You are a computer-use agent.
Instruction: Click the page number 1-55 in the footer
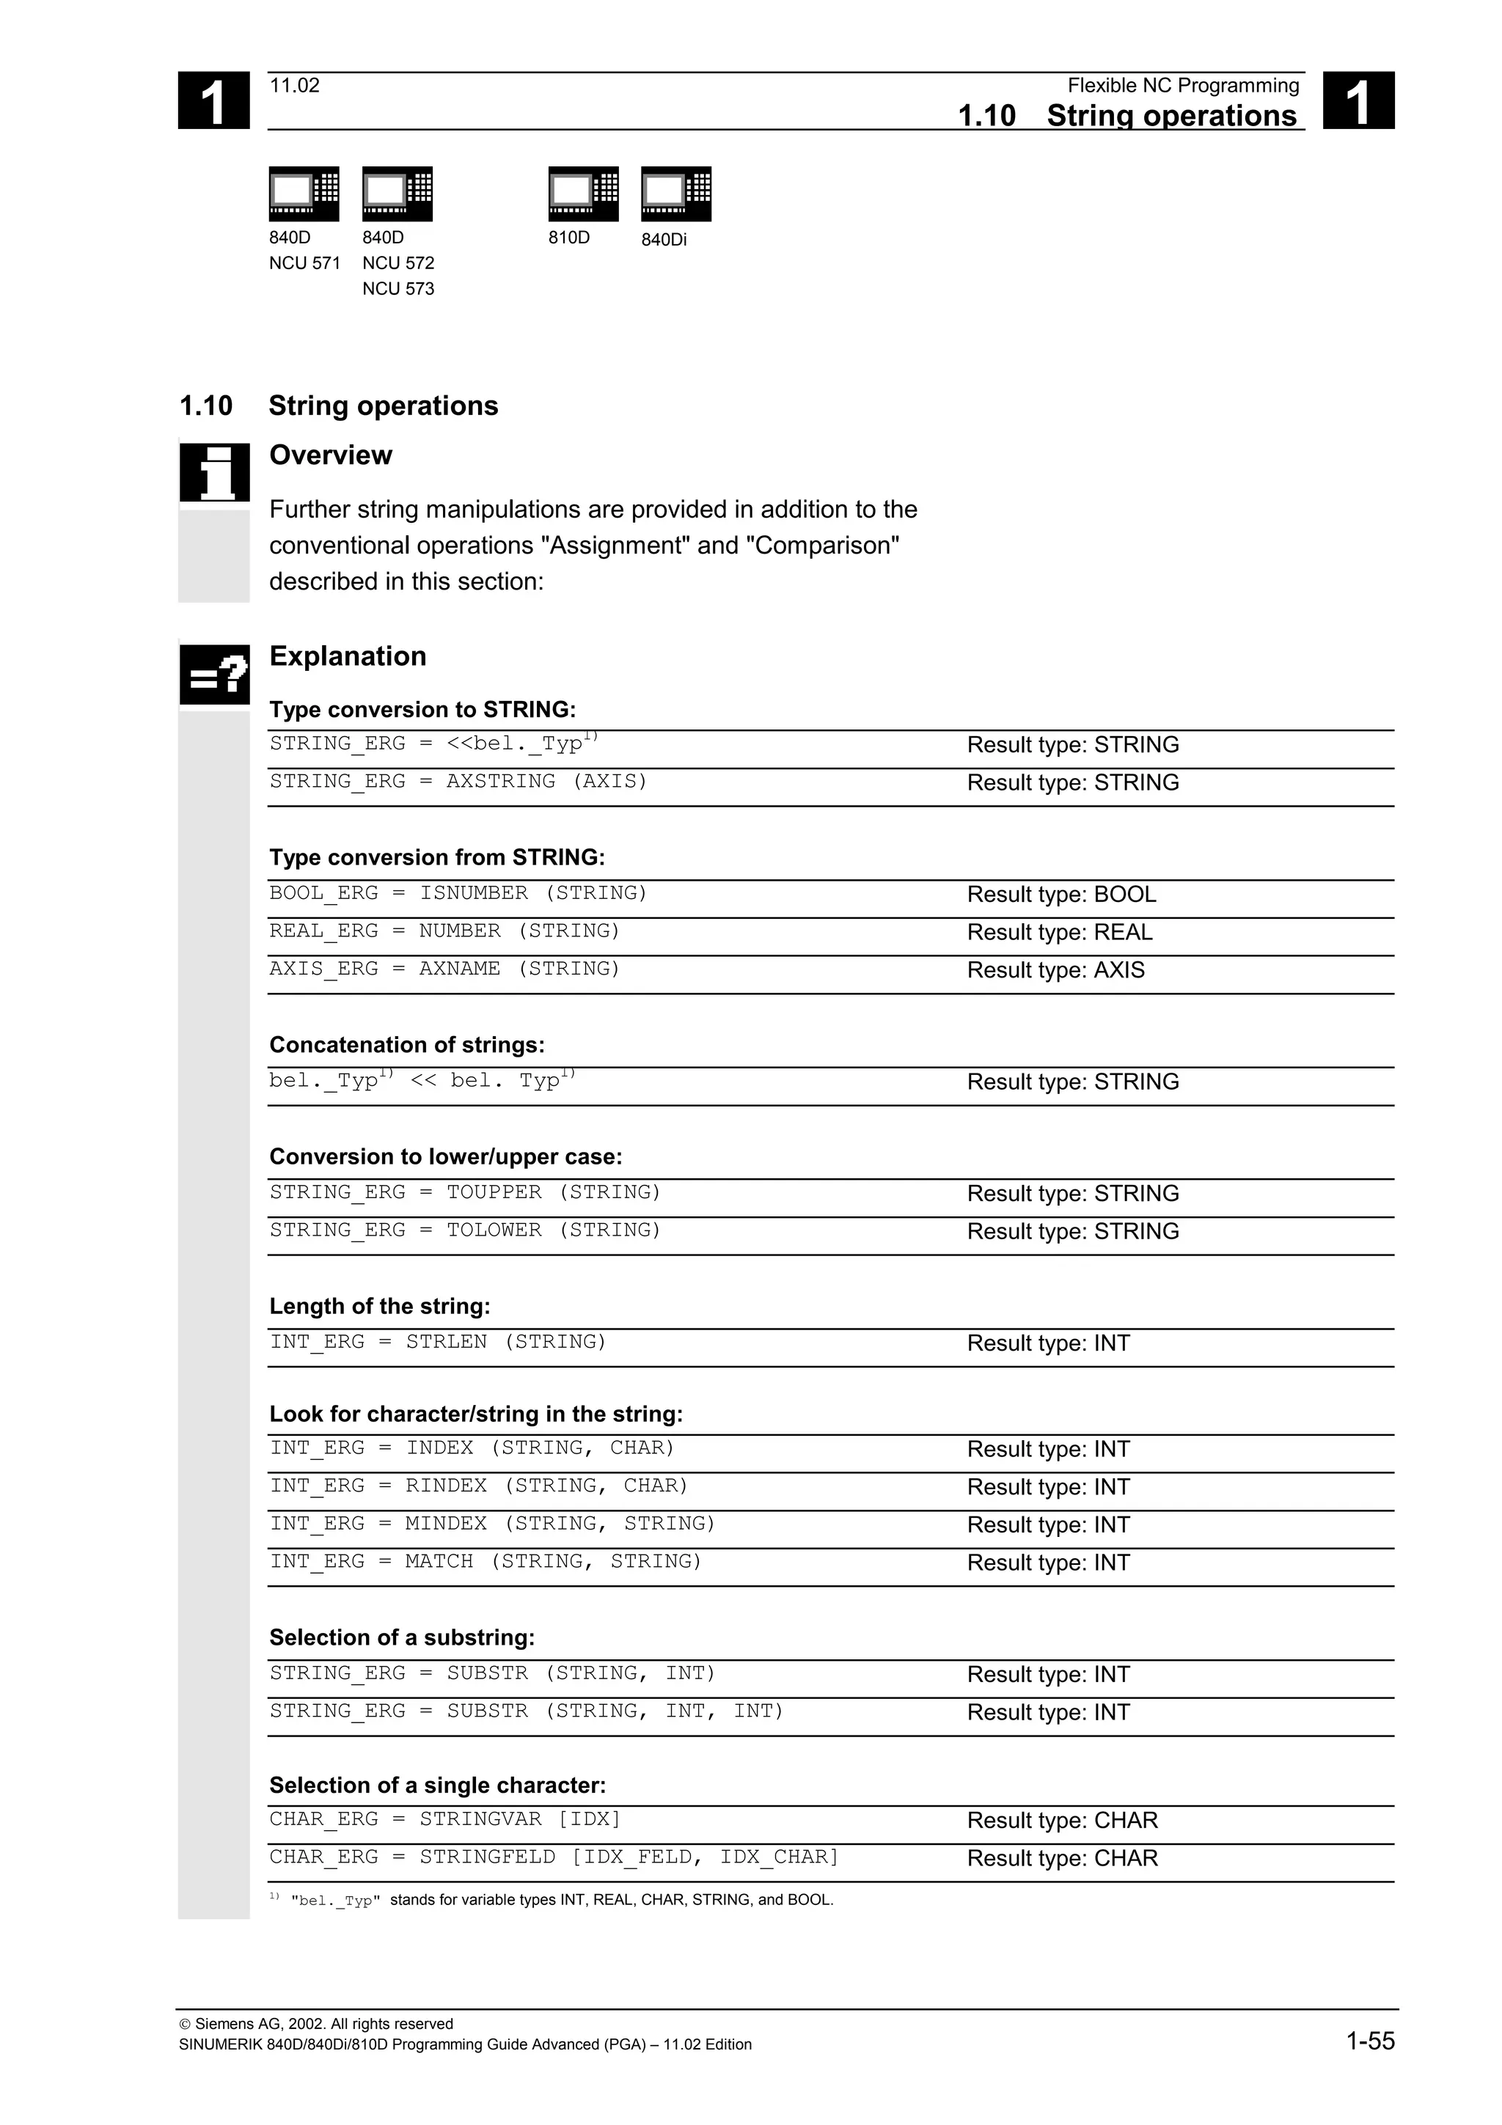(1370, 2041)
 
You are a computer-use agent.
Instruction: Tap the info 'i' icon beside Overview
(213, 472)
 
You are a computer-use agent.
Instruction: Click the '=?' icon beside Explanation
(213, 674)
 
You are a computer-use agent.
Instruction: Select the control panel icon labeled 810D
(583, 194)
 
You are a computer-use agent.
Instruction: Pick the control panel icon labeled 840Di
(675, 194)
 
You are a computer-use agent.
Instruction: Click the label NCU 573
(398, 289)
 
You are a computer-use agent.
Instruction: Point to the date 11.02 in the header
(294, 86)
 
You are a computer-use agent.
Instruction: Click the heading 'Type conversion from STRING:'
(437, 857)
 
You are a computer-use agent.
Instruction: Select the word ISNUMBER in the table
(474, 893)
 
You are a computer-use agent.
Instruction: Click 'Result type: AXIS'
(1055, 970)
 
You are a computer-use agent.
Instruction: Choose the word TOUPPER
(494, 1192)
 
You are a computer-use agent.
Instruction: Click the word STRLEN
(446, 1342)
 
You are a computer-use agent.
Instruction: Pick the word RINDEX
(446, 1486)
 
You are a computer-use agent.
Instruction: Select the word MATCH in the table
(439, 1561)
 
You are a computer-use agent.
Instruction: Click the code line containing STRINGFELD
(554, 1857)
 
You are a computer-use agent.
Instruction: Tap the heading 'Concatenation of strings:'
(406, 1045)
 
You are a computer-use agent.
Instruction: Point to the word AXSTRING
(501, 781)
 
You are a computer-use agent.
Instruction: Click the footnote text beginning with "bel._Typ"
(562, 1900)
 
